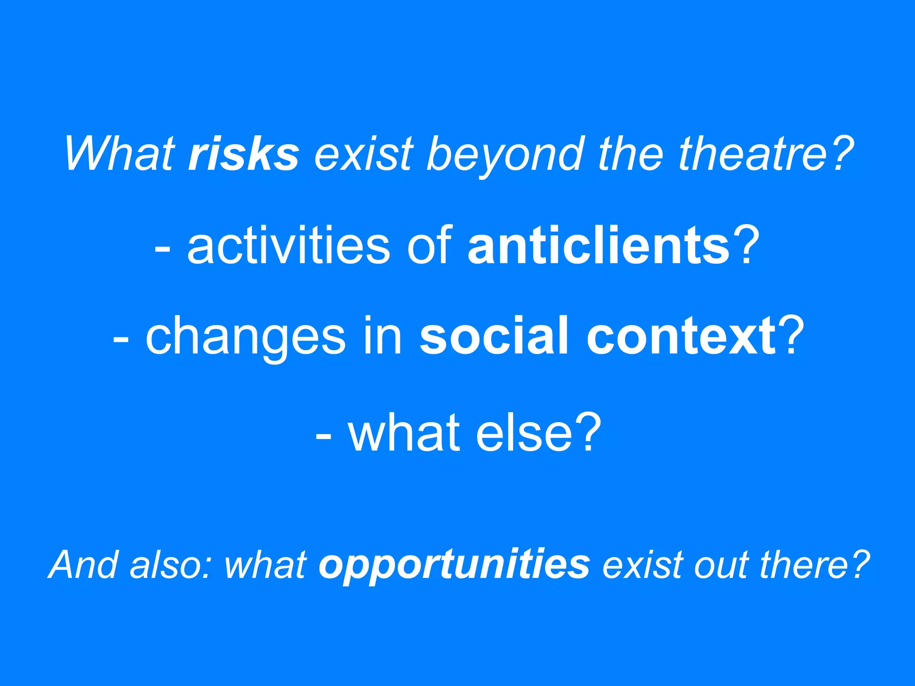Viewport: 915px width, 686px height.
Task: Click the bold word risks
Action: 243,154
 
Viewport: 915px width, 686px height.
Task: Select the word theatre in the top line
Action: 755,154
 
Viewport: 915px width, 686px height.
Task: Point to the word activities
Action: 288,245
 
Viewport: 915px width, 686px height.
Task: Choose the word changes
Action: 246,336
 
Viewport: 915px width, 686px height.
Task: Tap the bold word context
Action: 681,336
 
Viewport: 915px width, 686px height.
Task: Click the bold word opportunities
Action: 454,565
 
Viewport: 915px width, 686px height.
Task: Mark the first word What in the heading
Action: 119,154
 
